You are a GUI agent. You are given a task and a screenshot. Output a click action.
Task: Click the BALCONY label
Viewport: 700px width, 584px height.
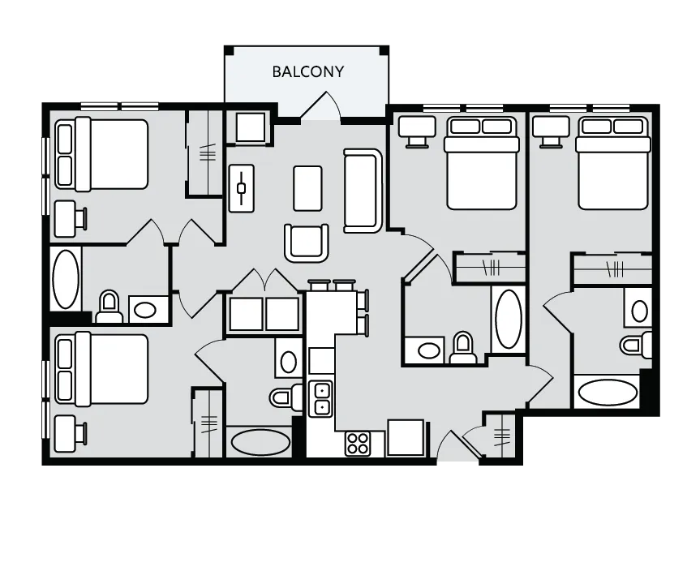(308, 72)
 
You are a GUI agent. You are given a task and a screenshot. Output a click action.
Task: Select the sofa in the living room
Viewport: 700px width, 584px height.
(363, 191)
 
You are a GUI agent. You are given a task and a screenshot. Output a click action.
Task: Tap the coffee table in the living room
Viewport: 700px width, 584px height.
(307, 188)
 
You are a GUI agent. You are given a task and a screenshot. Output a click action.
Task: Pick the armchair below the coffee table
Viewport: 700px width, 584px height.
(307, 243)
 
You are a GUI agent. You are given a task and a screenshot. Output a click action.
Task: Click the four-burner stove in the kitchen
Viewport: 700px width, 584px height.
(358, 444)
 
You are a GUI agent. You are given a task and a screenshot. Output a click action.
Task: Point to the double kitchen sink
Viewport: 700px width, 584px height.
(321, 399)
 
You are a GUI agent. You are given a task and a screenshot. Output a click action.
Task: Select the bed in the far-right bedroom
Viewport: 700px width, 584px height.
(613, 163)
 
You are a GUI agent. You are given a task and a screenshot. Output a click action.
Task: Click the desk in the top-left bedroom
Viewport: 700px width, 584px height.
(70, 219)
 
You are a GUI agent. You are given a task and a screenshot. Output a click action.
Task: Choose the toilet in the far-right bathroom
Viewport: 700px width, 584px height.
(636, 345)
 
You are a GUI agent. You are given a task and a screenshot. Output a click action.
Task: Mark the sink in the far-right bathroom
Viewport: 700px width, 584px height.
(640, 311)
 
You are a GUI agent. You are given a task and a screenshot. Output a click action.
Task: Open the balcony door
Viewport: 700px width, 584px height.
(321, 106)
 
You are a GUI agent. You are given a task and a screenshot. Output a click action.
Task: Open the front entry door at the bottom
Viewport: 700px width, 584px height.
(459, 446)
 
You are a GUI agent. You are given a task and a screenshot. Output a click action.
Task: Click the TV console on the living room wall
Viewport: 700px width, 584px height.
(242, 188)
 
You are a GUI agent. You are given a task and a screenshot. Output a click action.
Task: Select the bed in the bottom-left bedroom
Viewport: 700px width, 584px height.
(101, 369)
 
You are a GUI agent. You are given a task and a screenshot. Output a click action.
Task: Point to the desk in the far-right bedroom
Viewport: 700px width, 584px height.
(551, 131)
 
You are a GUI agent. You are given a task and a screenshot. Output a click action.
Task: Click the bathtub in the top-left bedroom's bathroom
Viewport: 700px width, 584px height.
(66, 280)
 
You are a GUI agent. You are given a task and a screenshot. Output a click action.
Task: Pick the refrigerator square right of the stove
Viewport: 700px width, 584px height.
(406, 437)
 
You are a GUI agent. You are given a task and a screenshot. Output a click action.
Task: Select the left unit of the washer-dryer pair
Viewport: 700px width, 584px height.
(246, 314)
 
